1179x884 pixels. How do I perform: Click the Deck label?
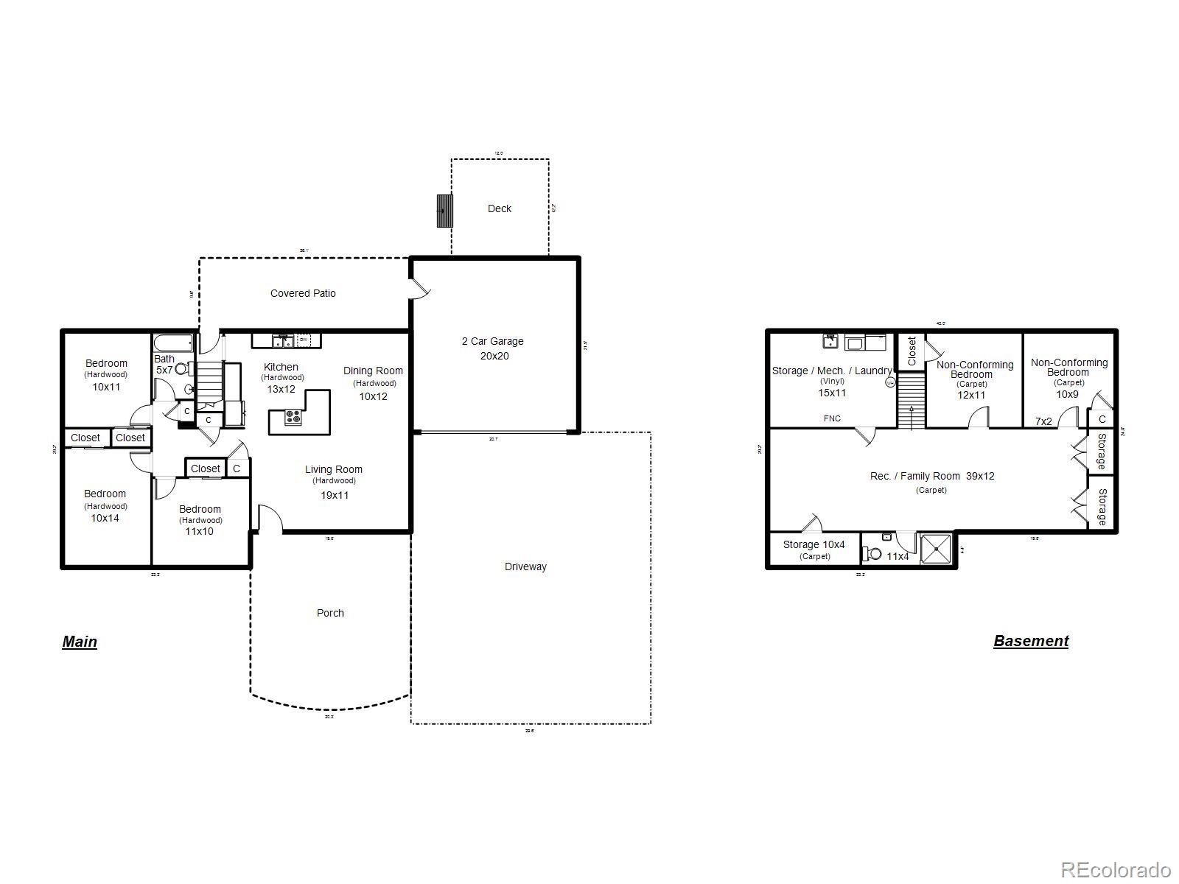tap(499, 208)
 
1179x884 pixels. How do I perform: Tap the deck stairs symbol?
tap(444, 211)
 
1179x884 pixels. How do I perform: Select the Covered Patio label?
tap(303, 293)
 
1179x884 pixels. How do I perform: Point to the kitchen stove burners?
tap(293, 417)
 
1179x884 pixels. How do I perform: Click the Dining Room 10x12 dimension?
tap(373, 396)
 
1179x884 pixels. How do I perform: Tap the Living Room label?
tap(334, 469)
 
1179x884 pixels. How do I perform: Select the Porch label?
tap(330, 613)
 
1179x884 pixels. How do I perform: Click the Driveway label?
tap(525, 566)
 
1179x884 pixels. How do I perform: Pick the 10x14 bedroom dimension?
tap(105, 518)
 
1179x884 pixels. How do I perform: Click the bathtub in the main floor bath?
tap(173, 343)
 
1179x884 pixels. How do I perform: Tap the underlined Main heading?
tap(80, 642)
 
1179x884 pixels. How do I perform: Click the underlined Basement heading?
tap(1030, 641)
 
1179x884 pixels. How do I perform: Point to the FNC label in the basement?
tap(832, 418)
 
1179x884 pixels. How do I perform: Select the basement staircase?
tap(911, 401)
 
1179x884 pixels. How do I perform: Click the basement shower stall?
tap(936, 548)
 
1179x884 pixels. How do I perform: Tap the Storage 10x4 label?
tap(814, 544)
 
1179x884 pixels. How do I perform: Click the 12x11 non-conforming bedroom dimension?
tap(971, 395)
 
